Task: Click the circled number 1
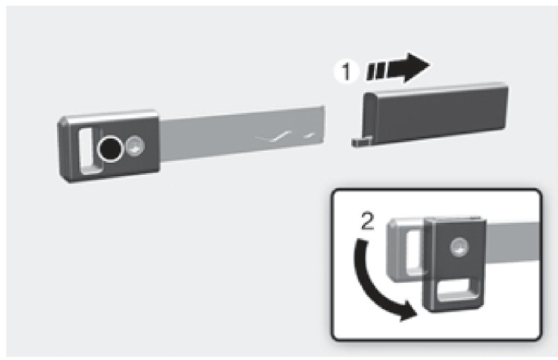coord(347,71)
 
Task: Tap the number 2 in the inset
coord(367,221)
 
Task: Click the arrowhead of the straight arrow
coord(416,67)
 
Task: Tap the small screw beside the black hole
coord(135,146)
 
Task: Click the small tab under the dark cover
coord(361,142)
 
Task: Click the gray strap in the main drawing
coord(242,134)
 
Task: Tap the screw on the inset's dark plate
coord(459,247)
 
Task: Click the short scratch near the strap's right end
coord(310,136)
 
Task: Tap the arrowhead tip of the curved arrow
coord(417,314)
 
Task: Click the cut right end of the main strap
coord(324,125)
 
